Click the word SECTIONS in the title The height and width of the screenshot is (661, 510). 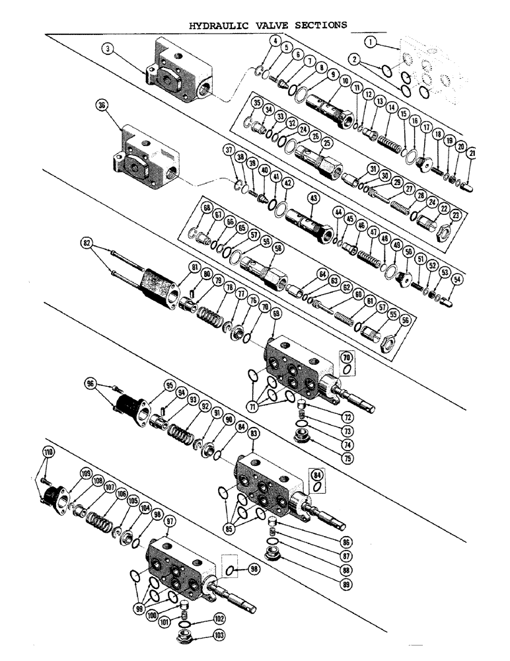(x=319, y=24)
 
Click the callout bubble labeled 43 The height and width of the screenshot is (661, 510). (x=312, y=198)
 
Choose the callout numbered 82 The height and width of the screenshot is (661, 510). (x=86, y=243)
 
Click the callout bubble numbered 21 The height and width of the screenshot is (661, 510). (x=471, y=153)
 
